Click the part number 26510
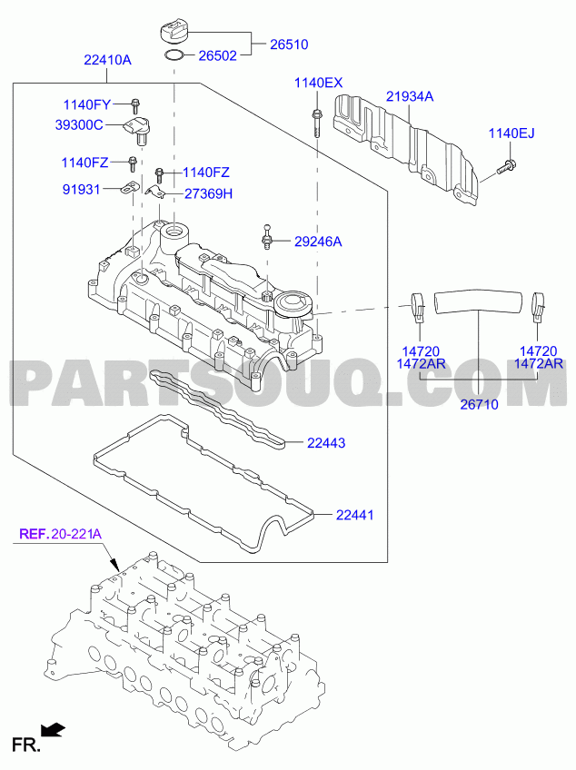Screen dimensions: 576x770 click(x=289, y=44)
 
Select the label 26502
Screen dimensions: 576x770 click(x=217, y=55)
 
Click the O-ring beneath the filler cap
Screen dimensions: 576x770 click(x=174, y=56)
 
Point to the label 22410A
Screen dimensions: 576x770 click(x=107, y=61)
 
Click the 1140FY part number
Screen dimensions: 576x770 click(x=87, y=104)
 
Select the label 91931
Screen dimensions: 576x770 click(x=81, y=190)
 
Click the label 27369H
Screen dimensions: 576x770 click(x=208, y=194)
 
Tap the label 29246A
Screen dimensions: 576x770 click(x=318, y=242)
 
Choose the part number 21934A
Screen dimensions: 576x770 click(x=410, y=97)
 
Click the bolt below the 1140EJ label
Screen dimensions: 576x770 click(x=506, y=167)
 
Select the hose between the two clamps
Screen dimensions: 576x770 click(x=478, y=301)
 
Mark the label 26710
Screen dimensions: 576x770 click(x=479, y=404)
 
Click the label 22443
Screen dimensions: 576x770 click(x=326, y=443)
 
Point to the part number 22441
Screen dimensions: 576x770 click(x=355, y=515)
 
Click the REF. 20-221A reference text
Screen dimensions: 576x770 click(x=61, y=534)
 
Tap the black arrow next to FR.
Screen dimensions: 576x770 click(x=53, y=730)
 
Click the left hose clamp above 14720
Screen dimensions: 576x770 click(x=418, y=306)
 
